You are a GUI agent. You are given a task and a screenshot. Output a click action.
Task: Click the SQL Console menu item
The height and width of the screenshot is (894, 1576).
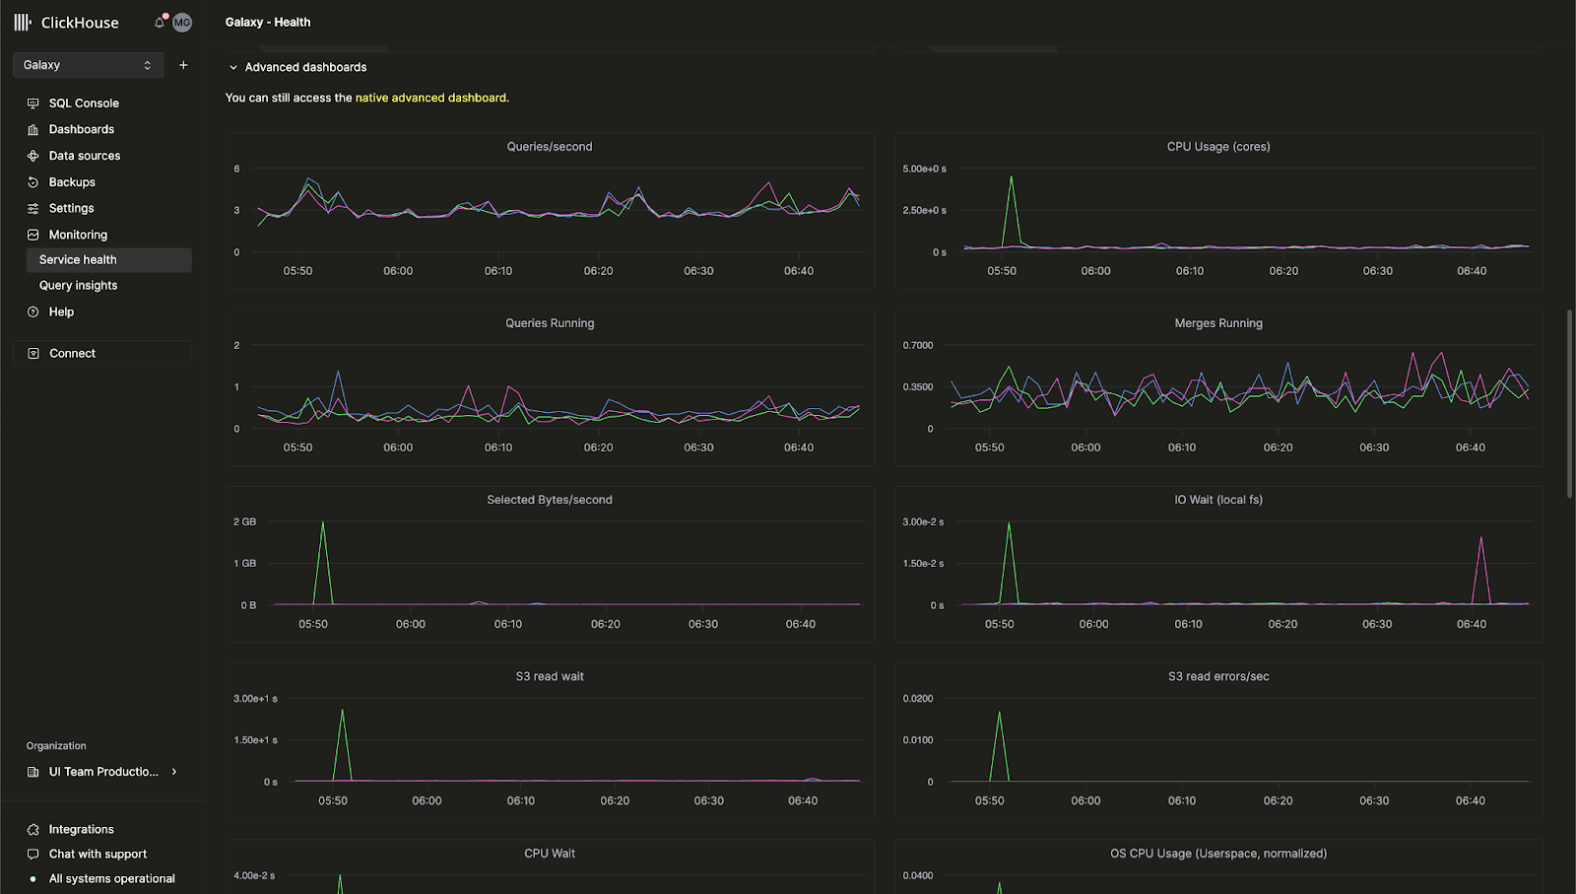84,103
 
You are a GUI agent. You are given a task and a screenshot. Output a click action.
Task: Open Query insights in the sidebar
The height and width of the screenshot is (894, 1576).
78,285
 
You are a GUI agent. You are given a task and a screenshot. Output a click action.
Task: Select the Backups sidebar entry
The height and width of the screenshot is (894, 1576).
72,182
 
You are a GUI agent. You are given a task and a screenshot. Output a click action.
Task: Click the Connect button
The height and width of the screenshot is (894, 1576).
72,353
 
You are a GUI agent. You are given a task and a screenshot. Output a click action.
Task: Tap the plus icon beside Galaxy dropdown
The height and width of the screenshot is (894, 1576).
183,65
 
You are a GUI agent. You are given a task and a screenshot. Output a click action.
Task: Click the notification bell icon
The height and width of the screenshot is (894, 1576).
160,22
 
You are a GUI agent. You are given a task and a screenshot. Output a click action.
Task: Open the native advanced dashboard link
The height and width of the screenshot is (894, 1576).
431,98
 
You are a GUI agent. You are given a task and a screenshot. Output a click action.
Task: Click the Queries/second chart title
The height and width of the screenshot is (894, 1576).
549,147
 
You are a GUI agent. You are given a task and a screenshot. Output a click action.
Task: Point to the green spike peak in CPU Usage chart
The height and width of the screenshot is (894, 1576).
1011,177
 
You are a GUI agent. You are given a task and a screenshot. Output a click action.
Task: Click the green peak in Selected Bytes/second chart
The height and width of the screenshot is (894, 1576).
323,523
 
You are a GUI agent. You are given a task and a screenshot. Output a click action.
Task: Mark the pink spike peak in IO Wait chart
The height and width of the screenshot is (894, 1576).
1480,538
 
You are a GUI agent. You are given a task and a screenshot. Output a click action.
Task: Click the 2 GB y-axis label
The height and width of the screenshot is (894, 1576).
244,521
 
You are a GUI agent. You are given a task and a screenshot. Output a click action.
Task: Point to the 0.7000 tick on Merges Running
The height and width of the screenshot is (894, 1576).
917,345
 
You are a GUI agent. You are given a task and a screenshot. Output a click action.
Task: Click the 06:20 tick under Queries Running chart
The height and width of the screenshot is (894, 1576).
598,447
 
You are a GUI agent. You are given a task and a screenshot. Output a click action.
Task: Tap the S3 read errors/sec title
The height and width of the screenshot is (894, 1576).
1218,676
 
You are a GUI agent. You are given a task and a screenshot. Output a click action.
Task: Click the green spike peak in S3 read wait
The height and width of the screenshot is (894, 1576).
342,711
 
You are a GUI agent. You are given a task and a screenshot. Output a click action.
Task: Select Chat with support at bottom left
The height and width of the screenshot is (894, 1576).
98,854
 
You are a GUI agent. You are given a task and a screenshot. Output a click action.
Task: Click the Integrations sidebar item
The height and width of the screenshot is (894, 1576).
81,829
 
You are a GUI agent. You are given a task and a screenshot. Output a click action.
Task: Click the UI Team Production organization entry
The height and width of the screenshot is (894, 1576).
103,772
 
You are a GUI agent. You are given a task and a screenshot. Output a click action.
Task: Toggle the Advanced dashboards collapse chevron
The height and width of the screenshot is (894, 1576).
233,67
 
